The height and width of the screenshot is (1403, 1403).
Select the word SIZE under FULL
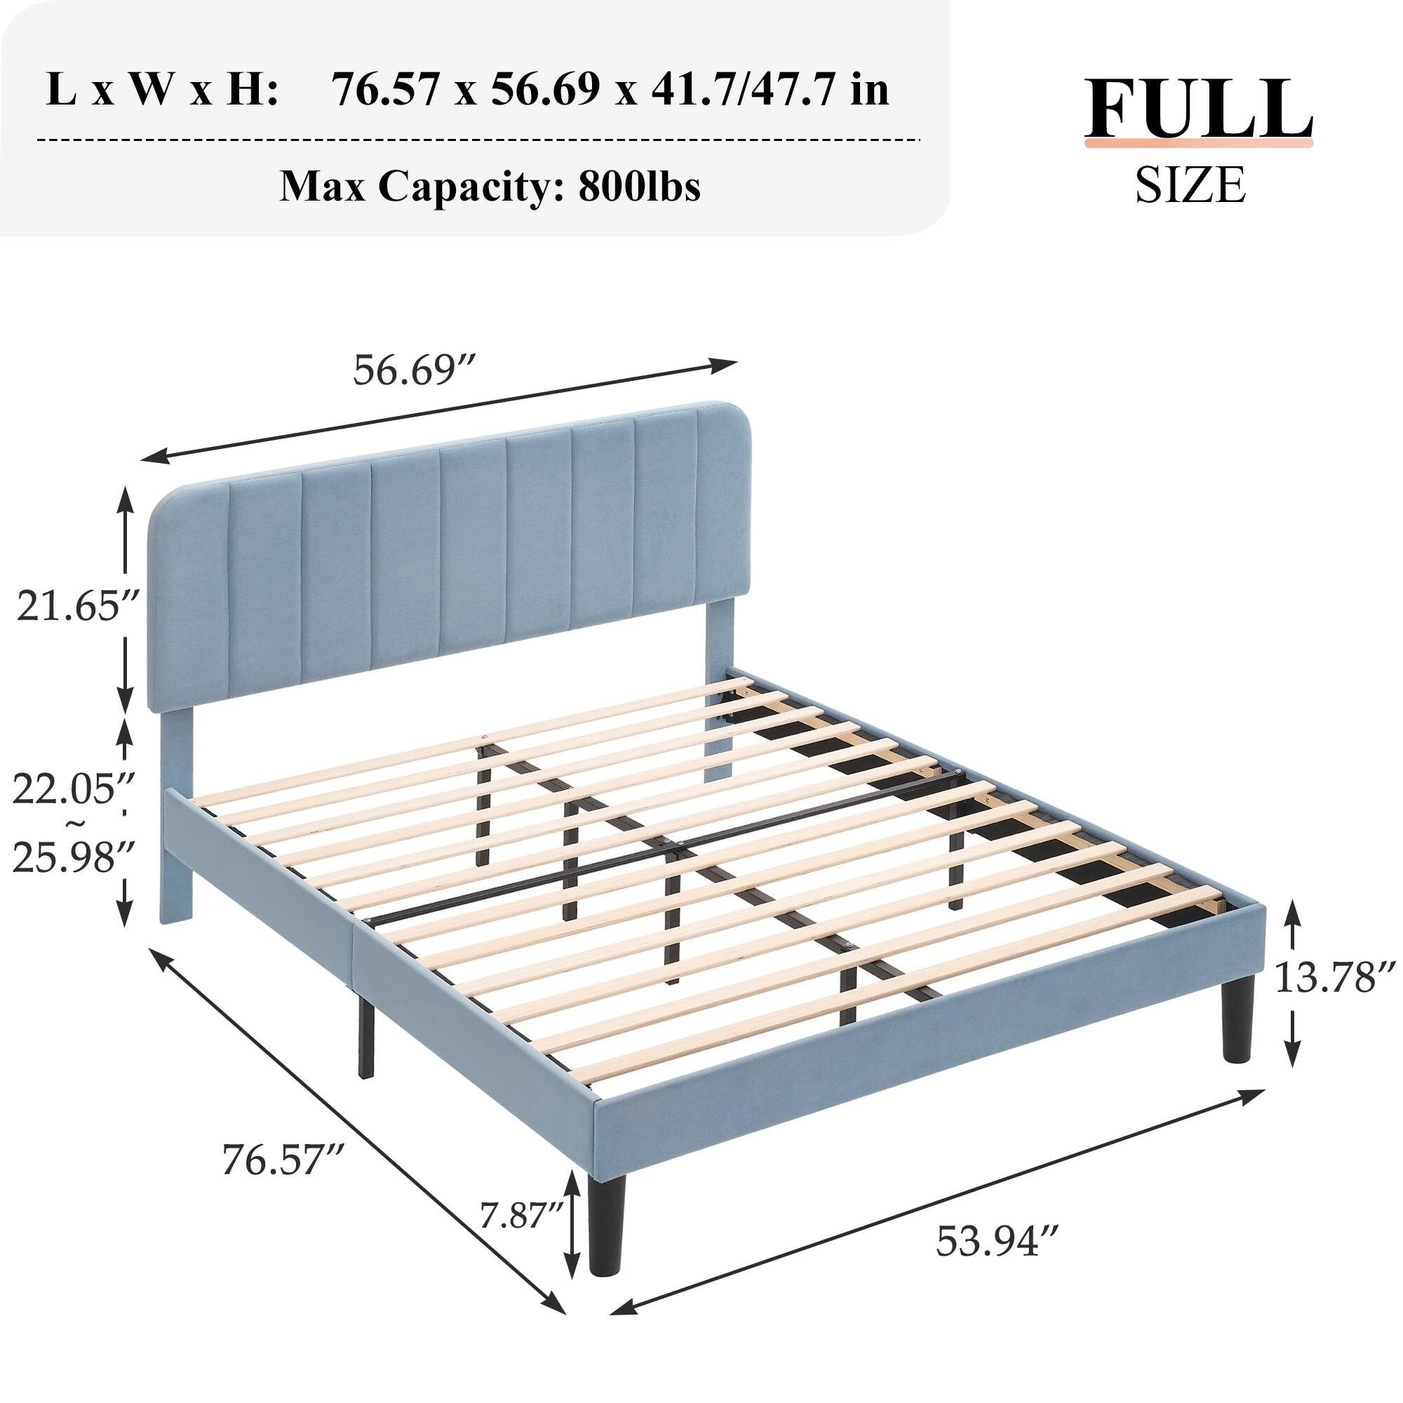pyautogui.click(x=1191, y=184)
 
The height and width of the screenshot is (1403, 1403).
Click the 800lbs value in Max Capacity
pyautogui.click(x=639, y=188)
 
